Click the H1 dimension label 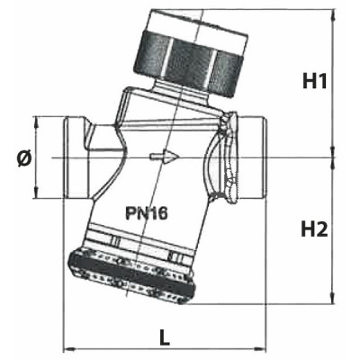(x=313, y=82)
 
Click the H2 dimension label (x=313, y=229)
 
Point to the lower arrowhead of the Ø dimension (x=37, y=194)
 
